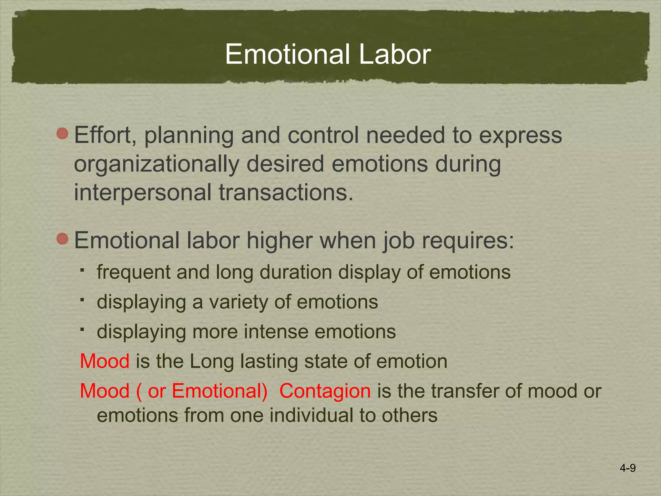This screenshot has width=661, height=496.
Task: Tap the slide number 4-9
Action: [x=627, y=468]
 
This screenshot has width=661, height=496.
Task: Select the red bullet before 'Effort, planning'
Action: [x=62, y=133]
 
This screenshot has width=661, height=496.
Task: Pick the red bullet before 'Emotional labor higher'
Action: [x=62, y=239]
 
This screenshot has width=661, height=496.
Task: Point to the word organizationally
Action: [x=156, y=164]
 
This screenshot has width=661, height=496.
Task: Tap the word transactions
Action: [x=286, y=192]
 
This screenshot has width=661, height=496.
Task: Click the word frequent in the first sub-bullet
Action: [x=133, y=272]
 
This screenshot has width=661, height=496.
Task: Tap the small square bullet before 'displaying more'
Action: [x=83, y=329]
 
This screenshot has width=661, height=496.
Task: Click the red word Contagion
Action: [x=325, y=391]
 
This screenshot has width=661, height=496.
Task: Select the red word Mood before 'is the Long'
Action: [x=105, y=361]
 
